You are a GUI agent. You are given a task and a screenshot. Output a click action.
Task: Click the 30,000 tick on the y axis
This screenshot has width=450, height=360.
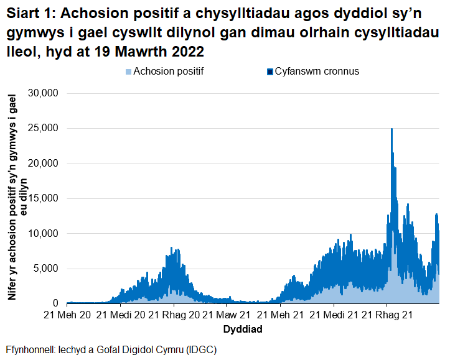click(x=43, y=93)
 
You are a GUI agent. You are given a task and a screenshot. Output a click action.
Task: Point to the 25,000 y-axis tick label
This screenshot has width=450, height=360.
click(x=43, y=128)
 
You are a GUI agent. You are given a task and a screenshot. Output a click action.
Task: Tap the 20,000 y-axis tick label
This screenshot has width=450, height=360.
click(x=43, y=164)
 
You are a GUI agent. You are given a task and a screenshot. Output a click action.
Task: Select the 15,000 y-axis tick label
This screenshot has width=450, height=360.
click(x=43, y=198)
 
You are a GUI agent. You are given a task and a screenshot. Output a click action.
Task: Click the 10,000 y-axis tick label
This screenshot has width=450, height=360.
click(x=43, y=233)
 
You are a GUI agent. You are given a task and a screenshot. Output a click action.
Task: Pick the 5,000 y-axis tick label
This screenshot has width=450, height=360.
click(x=45, y=269)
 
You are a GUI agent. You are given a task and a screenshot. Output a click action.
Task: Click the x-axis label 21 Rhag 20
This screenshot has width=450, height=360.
click(x=173, y=315)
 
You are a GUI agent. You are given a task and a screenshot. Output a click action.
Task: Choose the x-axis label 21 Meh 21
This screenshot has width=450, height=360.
click(x=279, y=315)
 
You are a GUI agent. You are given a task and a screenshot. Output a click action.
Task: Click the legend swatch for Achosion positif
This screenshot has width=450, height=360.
click(x=128, y=72)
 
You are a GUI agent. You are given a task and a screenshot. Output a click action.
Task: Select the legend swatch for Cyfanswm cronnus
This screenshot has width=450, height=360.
click(x=270, y=72)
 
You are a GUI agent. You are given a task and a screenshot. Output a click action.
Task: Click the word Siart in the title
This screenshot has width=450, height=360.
click(x=23, y=14)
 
